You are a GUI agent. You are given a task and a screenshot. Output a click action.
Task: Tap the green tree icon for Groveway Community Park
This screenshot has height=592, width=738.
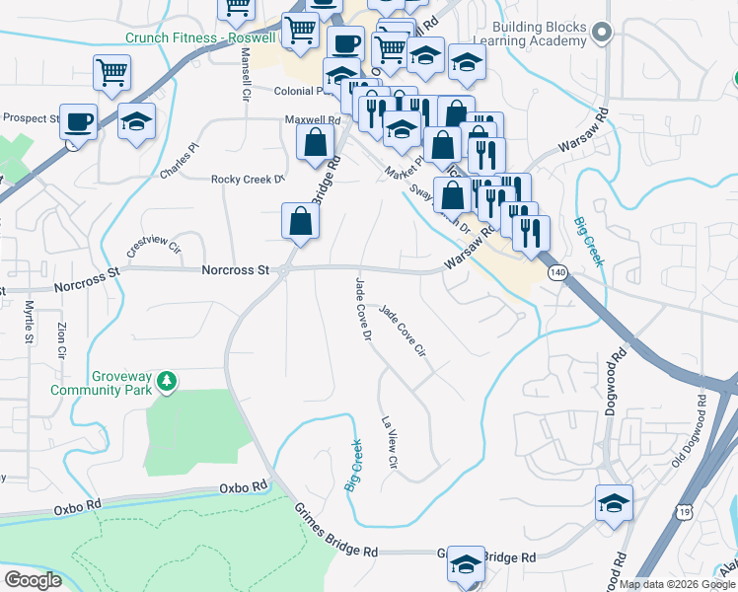(x=168, y=380)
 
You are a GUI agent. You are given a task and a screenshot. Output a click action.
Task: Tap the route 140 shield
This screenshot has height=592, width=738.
(x=557, y=271)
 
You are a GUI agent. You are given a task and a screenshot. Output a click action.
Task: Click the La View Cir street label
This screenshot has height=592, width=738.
(x=390, y=442)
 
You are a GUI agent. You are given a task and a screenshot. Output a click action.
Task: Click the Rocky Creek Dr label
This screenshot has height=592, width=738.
(x=247, y=180)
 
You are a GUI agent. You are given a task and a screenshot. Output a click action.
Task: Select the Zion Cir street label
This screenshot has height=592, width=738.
(x=61, y=339)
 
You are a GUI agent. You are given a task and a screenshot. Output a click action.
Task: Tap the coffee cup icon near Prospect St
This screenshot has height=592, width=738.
(x=78, y=122)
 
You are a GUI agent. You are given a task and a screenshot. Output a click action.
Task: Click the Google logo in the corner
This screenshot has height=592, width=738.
(x=33, y=580)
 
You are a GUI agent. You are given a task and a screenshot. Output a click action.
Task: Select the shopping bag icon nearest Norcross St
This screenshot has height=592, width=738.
(x=300, y=222)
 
